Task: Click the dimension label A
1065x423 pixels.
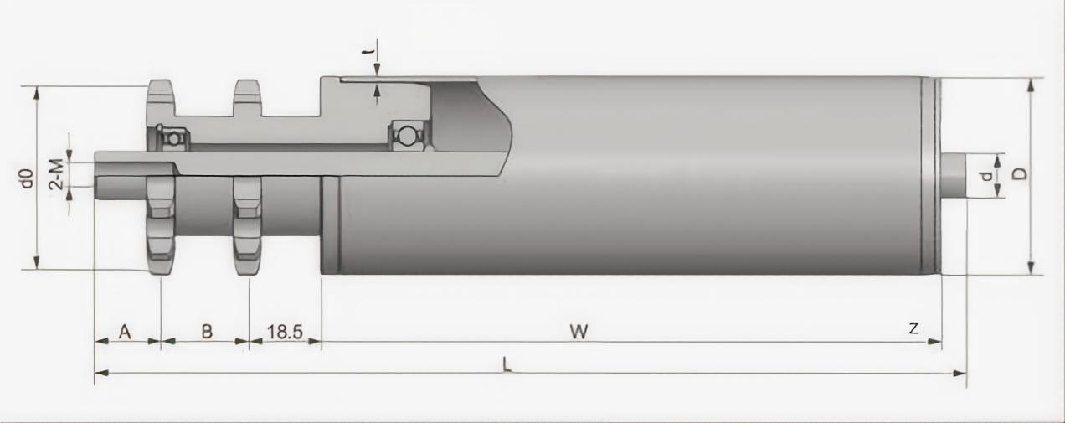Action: coord(125,331)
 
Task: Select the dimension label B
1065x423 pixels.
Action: coord(207,331)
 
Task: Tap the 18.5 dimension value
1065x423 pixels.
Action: coord(285,332)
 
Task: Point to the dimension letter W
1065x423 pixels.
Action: coord(579,331)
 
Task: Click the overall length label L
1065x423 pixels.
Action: coord(507,365)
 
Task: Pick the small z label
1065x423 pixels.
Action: coord(913,328)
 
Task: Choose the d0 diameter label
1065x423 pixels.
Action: coord(28,178)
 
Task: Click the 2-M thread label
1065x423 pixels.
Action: coord(57,174)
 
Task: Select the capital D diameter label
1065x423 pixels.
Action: coord(1018,173)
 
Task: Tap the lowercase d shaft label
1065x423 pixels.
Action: coord(986,177)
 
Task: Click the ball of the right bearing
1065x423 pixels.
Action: coord(407,136)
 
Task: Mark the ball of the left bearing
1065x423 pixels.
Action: coord(173,138)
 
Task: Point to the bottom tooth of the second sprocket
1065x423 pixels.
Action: coord(247,263)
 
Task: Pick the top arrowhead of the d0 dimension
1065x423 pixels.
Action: coord(37,94)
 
